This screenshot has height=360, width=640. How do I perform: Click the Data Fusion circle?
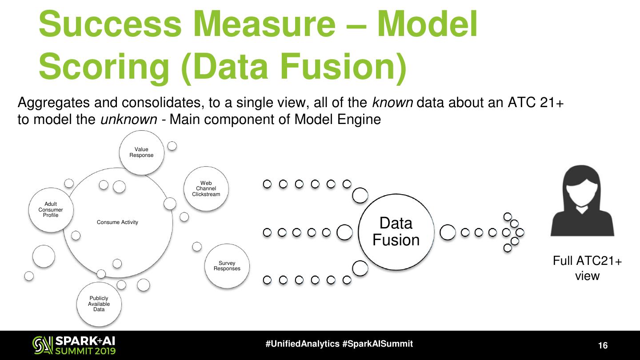pyautogui.click(x=396, y=232)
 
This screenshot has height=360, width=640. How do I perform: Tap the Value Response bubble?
pyautogui.click(x=141, y=152)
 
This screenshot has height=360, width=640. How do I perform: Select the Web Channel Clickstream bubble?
pyautogui.click(x=206, y=188)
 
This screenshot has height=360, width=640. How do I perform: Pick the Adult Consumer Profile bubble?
pyautogui.click(x=50, y=210)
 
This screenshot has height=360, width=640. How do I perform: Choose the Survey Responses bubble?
pyautogui.click(x=227, y=266)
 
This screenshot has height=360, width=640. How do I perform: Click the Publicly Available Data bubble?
pyautogui.click(x=99, y=304)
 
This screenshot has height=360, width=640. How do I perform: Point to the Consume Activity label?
pyautogui.click(x=117, y=222)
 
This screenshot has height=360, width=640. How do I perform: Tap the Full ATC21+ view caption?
pyautogui.click(x=587, y=268)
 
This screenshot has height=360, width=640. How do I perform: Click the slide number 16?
pyautogui.click(x=603, y=346)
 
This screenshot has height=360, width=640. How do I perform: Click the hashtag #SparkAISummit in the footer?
pyautogui.click(x=378, y=344)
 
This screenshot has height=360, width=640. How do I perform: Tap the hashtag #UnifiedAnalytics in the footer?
pyautogui.click(x=303, y=344)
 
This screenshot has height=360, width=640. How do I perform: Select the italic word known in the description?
pyautogui.click(x=392, y=103)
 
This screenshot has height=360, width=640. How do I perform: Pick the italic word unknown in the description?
pyautogui.click(x=129, y=120)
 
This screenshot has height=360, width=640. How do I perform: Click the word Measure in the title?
pyautogui.click(x=269, y=25)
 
